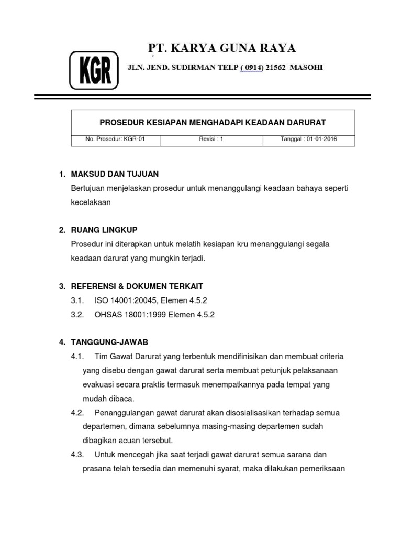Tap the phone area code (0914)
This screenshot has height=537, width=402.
[251, 68]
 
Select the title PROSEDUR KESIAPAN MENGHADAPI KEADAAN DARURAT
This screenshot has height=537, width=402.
[213, 123]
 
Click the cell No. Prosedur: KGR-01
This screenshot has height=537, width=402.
[115, 140]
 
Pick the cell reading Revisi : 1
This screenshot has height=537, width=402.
[211, 140]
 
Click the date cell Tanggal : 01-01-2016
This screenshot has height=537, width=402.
[309, 140]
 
